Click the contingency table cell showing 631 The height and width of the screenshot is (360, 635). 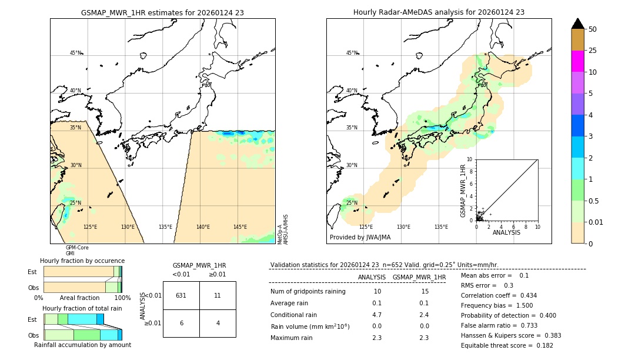(x=181, y=295)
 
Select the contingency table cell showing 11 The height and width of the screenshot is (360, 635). (x=218, y=295)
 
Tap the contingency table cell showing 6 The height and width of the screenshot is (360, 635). (x=181, y=323)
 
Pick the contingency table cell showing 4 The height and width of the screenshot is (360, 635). (x=218, y=323)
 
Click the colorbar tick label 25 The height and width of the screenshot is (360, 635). (x=593, y=51)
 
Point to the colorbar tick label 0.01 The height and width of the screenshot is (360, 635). (x=596, y=222)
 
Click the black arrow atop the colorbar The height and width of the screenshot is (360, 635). (x=577, y=24)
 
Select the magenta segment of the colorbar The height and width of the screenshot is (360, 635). (x=577, y=61)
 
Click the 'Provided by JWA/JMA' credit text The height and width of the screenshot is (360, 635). (x=360, y=238)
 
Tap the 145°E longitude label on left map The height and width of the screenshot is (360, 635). (x=240, y=227)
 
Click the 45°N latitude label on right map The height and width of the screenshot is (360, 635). (x=352, y=53)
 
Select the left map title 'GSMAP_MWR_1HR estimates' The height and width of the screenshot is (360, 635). (x=162, y=12)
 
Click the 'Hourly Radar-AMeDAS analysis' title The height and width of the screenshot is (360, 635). (x=439, y=12)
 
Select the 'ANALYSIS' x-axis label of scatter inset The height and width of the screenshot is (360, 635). (x=506, y=233)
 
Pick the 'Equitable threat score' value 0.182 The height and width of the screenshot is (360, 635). (x=540, y=345)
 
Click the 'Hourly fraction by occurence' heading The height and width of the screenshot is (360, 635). (x=82, y=261)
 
